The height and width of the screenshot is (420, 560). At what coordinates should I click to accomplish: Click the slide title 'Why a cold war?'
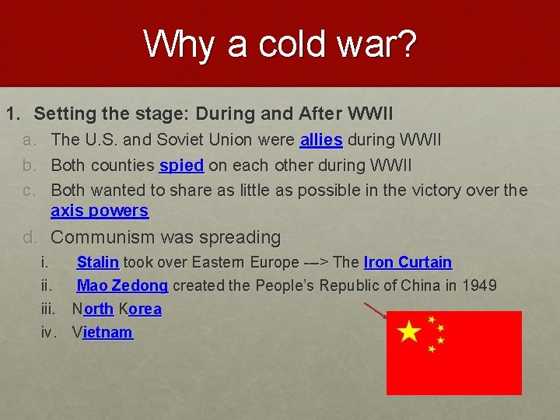tap(280, 44)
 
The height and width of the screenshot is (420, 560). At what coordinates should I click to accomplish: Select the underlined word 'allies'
tap(321, 140)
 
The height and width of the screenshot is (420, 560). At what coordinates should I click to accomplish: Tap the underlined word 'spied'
tap(181, 165)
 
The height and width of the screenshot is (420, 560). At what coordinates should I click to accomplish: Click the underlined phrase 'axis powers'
tap(99, 211)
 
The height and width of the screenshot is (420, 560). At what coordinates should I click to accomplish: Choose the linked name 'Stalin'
tap(97, 262)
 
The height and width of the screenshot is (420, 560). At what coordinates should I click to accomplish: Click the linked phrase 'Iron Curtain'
tap(408, 262)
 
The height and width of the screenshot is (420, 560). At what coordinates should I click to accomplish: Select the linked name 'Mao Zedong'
tap(122, 285)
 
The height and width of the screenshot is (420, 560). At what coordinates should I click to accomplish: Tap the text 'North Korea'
tap(117, 309)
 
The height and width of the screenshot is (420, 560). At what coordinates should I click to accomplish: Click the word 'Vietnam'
tap(102, 332)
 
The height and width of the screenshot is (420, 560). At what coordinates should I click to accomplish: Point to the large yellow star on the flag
tap(409, 333)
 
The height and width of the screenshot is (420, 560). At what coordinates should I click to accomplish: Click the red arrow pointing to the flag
tap(376, 311)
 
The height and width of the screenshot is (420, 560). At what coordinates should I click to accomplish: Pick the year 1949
tap(479, 285)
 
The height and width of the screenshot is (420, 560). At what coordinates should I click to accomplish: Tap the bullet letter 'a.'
tap(30, 140)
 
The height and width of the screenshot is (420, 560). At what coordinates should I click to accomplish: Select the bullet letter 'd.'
tap(31, 237)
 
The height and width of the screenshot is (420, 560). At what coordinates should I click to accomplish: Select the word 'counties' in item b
tap(123, 165)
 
